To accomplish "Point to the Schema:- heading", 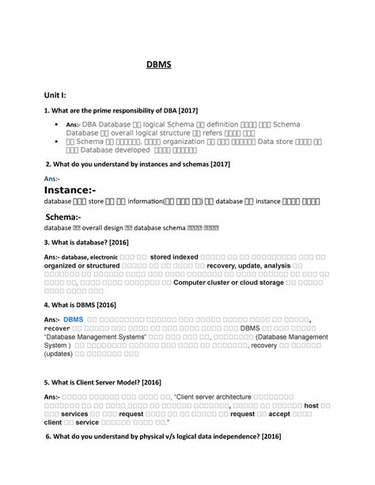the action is click(67, 216).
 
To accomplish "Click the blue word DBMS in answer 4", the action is click(73, 320).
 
